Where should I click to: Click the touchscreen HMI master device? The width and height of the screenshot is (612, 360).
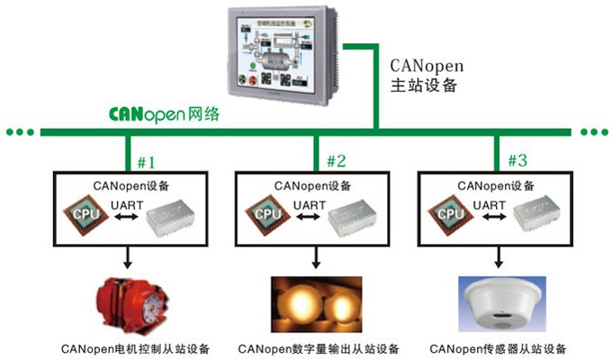280,53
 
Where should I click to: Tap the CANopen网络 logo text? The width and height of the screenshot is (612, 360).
163,115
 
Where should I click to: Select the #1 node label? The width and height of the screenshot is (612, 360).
146,162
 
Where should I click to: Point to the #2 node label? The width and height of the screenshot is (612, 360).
336,162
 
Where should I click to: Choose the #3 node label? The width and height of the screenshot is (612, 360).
517,162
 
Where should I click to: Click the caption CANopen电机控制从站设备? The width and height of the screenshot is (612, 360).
134,349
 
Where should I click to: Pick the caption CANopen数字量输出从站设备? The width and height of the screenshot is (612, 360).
319,349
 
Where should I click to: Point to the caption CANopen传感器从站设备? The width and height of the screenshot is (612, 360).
499,349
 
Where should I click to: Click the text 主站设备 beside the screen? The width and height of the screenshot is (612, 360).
424,87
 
